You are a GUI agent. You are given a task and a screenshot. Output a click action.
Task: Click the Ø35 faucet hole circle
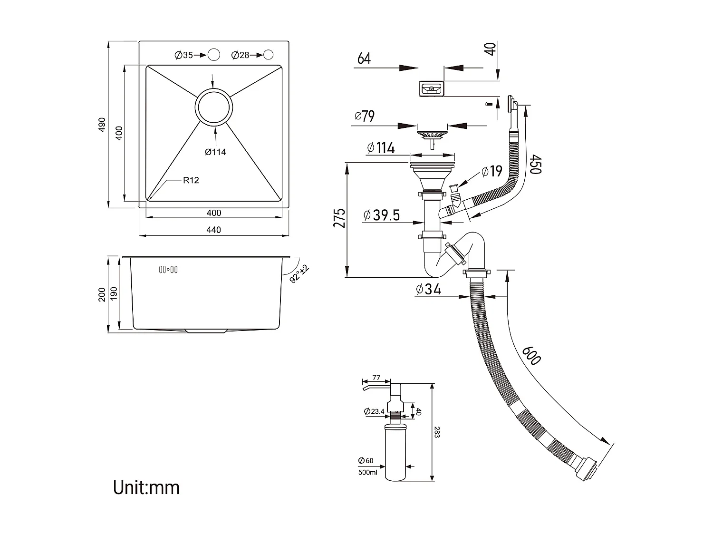pyautogui.click(x=214, y=55)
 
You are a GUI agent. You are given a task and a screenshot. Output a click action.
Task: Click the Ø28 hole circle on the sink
pyautogui.click(x=268, y=55)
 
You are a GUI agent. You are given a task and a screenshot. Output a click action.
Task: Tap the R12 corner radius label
pyautogui.click(x=191, y=180)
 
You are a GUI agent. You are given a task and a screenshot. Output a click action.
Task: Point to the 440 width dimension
pyautogui.click(x=214, y=230)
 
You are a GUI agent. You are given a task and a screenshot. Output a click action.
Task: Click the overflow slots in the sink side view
pyautogui.click(x=168, y=270)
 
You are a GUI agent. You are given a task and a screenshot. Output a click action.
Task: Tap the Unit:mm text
pyautogui.click(x=146, y=488)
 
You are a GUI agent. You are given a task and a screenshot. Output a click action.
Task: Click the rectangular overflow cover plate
pyautogui.click(x=431, y=88)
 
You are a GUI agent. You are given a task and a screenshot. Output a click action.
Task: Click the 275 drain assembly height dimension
pyautogui.click(x=339, y=218)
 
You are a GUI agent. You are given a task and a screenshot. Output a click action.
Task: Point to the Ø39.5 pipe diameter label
pyautogui.click(x=381, y=215)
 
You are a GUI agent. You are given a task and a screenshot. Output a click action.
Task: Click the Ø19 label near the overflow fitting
pyautogui.click(x=491, y=171)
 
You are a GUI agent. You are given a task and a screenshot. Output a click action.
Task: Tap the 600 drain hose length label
pyautogui.click(x=531, y=355)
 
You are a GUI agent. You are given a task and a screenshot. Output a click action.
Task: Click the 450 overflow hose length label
pyautogui.click(x=535, y=165)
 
